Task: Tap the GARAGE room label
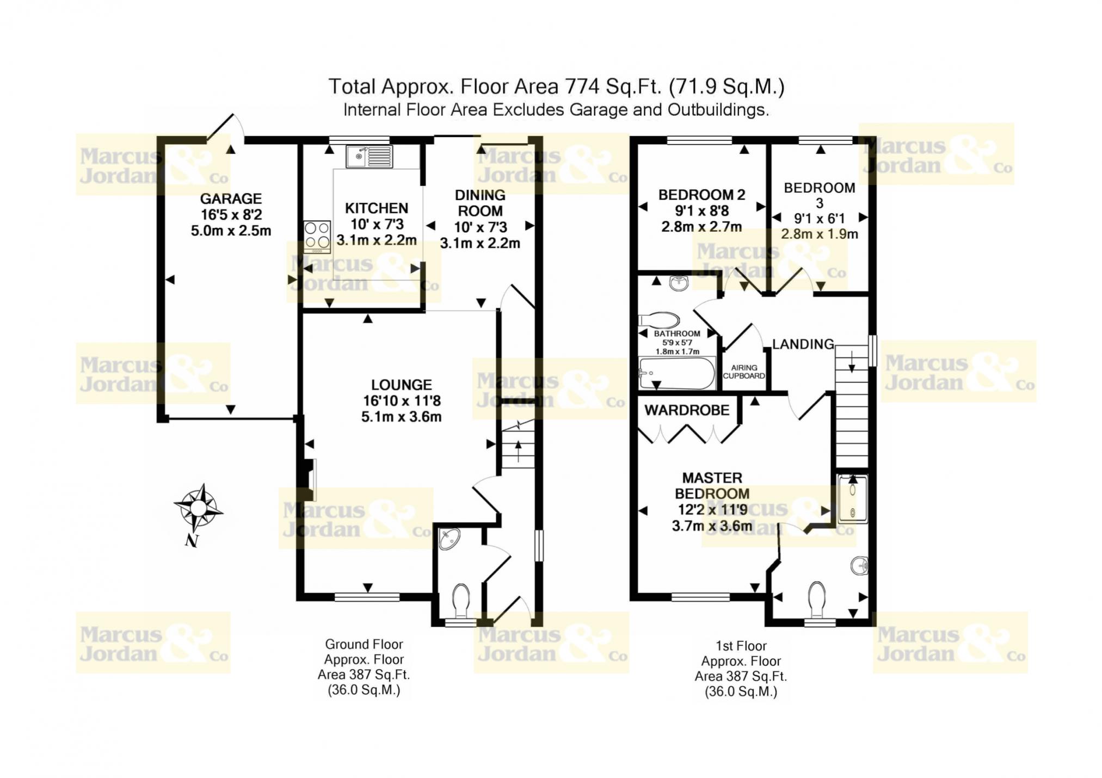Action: (x=231, y=199)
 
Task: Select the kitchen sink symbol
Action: (x=369, y=157)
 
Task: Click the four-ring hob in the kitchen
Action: (x=317, y=237)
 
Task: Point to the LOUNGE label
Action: (x=402, y=385)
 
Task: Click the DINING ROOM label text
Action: (x=480, y=203)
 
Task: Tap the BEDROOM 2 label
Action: (x=701, y=195)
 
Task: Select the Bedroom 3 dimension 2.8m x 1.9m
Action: (x=820, y=234)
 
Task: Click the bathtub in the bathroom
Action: (x=677, y=373)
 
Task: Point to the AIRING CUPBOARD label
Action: (x=744, y=372)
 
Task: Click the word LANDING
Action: (x=803, y=344)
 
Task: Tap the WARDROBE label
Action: (x=687, y=410)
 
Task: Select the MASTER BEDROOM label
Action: (x=712, y=485)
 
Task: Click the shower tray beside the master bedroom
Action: (x=852, y=499)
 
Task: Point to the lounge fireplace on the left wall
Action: (x=308, y=479)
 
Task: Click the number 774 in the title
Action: (x=583, y=87)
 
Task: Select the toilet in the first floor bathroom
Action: (x=658, y=320)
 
